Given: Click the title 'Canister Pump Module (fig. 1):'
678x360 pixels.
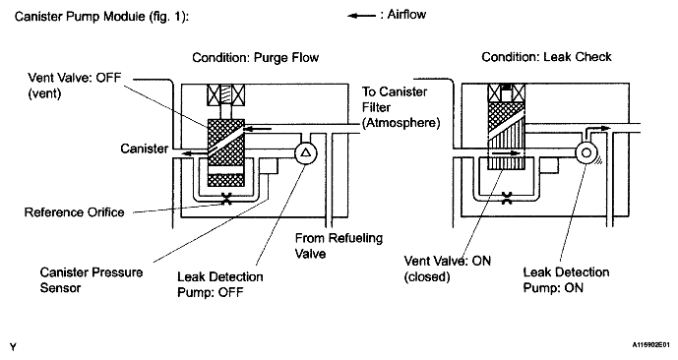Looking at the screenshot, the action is click(x=102, y=17).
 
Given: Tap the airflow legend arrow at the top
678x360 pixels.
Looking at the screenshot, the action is click(x=361, y=16).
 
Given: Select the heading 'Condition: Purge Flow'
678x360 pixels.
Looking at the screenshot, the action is click(x=256, y=57).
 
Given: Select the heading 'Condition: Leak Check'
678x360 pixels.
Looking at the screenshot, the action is click(x=546, y=57).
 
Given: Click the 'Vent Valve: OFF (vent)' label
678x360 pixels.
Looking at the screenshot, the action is click(x=75, y=86).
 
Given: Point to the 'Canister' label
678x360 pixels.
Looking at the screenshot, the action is click(x=145, y=149).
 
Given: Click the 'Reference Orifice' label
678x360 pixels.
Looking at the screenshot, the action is click(x=75, y=212).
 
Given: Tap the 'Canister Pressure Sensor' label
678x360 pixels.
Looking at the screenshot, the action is click(x=92, y=280).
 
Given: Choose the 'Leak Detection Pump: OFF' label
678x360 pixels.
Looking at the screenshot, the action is click(x=220, y=284).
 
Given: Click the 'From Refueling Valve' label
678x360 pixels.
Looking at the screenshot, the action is click(x=339, y=246).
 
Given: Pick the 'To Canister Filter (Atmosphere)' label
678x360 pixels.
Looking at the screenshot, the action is click(x=401, y=107).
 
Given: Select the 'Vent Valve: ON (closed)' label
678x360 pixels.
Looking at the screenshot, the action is click(x=448, y=269).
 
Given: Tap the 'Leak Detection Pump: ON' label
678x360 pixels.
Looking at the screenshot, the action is click(x=566, y=280).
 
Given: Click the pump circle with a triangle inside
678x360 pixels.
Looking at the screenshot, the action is click(x=306, y=153).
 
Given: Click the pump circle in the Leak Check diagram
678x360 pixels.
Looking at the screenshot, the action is click(x=586, y=153).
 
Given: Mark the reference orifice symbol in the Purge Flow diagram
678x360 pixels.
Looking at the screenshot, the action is click(x=227, y=199).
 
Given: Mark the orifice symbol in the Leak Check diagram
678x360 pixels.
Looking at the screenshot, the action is click(x=507, y=199).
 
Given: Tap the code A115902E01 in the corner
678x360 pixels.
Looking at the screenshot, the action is click(x=651, y=345).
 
